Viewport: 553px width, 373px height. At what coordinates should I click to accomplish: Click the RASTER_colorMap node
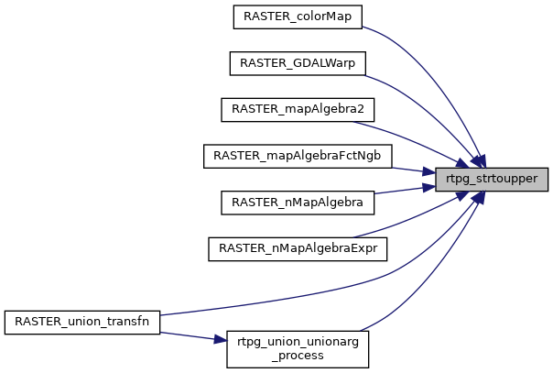point(284,16)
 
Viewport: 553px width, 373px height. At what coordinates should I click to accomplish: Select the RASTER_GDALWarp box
point(298,62)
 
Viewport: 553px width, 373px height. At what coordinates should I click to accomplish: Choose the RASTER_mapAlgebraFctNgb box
point(298,156)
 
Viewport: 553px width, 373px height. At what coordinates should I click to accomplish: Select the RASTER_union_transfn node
point(82,322)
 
